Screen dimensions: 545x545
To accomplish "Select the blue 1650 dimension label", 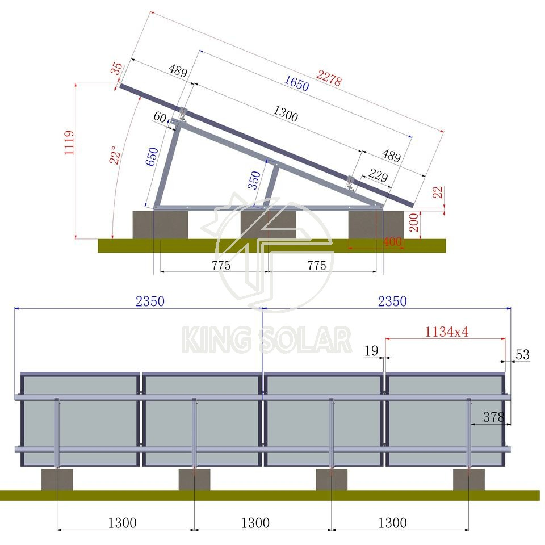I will click(296, 83).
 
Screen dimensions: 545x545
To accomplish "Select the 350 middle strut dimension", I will click(255, 180).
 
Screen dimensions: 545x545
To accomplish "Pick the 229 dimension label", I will click(378, 176).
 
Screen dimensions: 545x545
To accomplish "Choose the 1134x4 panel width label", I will click(446, 332).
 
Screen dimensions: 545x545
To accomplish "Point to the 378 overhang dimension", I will click(493, 417).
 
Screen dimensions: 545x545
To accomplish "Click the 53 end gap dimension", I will click(522, 355).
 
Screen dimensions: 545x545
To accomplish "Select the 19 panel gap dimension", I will click(371, 351).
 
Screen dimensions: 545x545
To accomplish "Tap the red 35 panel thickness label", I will click(116, 69).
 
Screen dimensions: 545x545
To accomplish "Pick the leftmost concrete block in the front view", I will click(57, 480).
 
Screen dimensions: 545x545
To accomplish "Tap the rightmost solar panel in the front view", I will click(445, 420).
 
